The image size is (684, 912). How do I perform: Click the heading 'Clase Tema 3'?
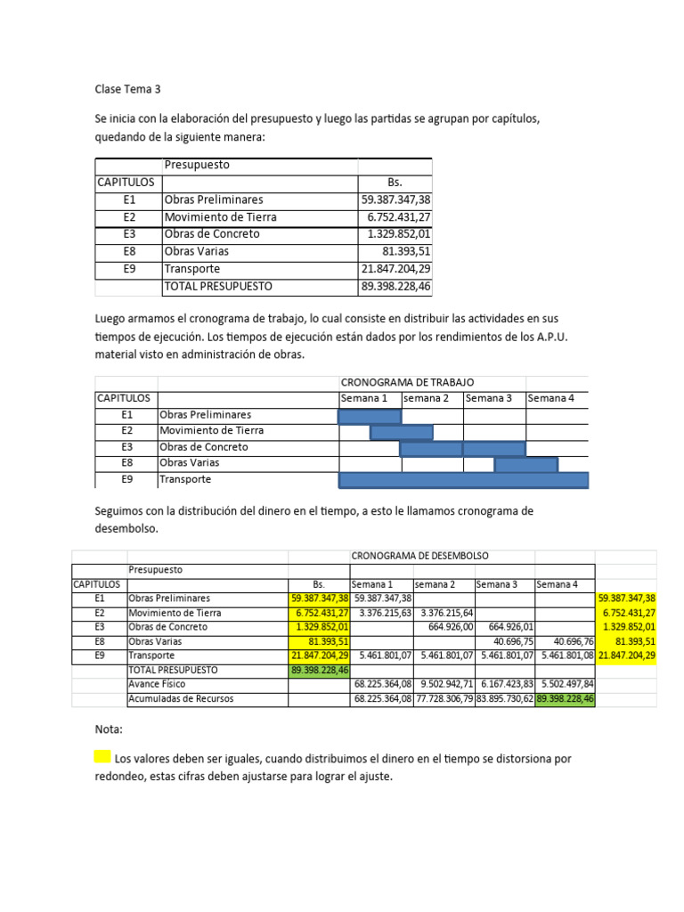click(x=127, y=89)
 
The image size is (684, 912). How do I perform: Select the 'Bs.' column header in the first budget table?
click(x=395, y=183)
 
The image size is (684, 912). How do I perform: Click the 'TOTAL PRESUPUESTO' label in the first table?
click(x=218, y=287)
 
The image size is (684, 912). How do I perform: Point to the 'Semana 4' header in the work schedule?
click(x=551, y=398)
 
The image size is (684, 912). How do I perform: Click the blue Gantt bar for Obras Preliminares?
click(x=370, y=415)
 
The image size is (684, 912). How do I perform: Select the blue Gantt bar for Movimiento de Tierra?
click(x=401, y=432)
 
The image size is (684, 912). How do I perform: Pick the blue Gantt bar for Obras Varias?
click(x=525, y=464)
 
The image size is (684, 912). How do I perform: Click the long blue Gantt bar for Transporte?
click(x=463, y=480)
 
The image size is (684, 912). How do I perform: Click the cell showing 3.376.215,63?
click(x=382, y=613)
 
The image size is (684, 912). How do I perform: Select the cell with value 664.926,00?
click(x=444, y=627)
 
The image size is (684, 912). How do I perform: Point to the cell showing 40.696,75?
click(x=505, y=641)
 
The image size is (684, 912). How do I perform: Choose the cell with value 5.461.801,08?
click(x=566, y=655)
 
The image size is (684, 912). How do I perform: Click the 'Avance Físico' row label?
click(x=160, y=684)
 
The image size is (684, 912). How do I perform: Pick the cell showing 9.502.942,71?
click(x=444, y=684)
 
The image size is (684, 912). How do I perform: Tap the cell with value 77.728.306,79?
click(x=444, y=699)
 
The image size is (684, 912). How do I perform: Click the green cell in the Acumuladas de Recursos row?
click(x=566, y=699)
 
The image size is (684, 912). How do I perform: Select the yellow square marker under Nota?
click(x=102, y=757)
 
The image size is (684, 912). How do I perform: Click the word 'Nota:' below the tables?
click(x=109, y=729)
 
